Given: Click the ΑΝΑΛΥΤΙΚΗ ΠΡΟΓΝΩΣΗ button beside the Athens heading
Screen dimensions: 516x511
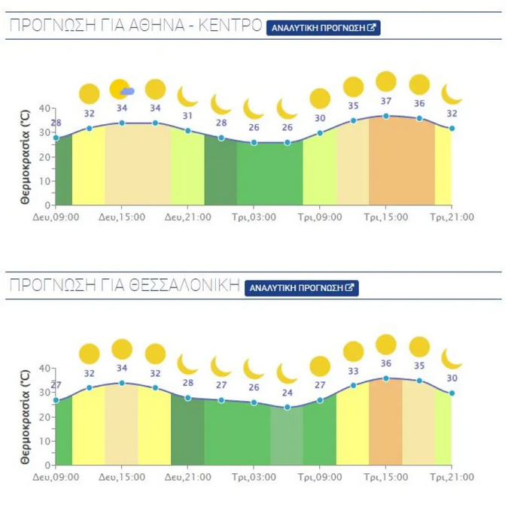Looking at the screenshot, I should pyautogui.click(x=323, y=28).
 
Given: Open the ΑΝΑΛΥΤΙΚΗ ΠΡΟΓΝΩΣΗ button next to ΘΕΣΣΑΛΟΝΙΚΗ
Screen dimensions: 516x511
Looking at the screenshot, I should pyautogui.click(x=302, y=288).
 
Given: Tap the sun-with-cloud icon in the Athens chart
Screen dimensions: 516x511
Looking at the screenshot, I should pyautogui.click(x=121, y=90).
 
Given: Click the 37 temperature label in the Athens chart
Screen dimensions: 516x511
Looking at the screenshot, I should pyautogui.click(x=386, y=102).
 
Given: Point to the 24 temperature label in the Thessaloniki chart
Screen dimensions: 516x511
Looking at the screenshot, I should pyautogui.click(x=287, y=393).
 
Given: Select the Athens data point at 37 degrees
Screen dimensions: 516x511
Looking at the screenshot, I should pyautogui.click(x=386, y=116).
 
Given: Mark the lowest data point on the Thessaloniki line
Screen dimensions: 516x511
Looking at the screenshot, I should pyautogui.click(x=287, y=408).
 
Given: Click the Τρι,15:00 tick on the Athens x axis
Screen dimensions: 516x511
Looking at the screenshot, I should pyautogui.click(x=386, y=217).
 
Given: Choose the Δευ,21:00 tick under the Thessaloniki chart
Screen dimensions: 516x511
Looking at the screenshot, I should pyautogui.click(x=187, y=477).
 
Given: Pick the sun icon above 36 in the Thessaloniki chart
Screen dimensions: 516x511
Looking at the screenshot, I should pyautogui.click(x=386, y=345).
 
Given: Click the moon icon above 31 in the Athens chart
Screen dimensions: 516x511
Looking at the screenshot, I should pyautogui.click(x=187, y=96).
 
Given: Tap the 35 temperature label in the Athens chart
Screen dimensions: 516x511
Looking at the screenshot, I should pyautogui.click(x=353, y=106).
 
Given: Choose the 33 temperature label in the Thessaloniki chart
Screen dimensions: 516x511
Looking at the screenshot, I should pyautogui.click(x=353, y=371).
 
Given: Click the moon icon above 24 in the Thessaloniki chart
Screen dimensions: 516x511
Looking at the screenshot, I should pyautogui.click(x=287, y=373).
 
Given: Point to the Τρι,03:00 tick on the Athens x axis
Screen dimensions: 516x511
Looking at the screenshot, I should pyautogui.click(x=254, y=217).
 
